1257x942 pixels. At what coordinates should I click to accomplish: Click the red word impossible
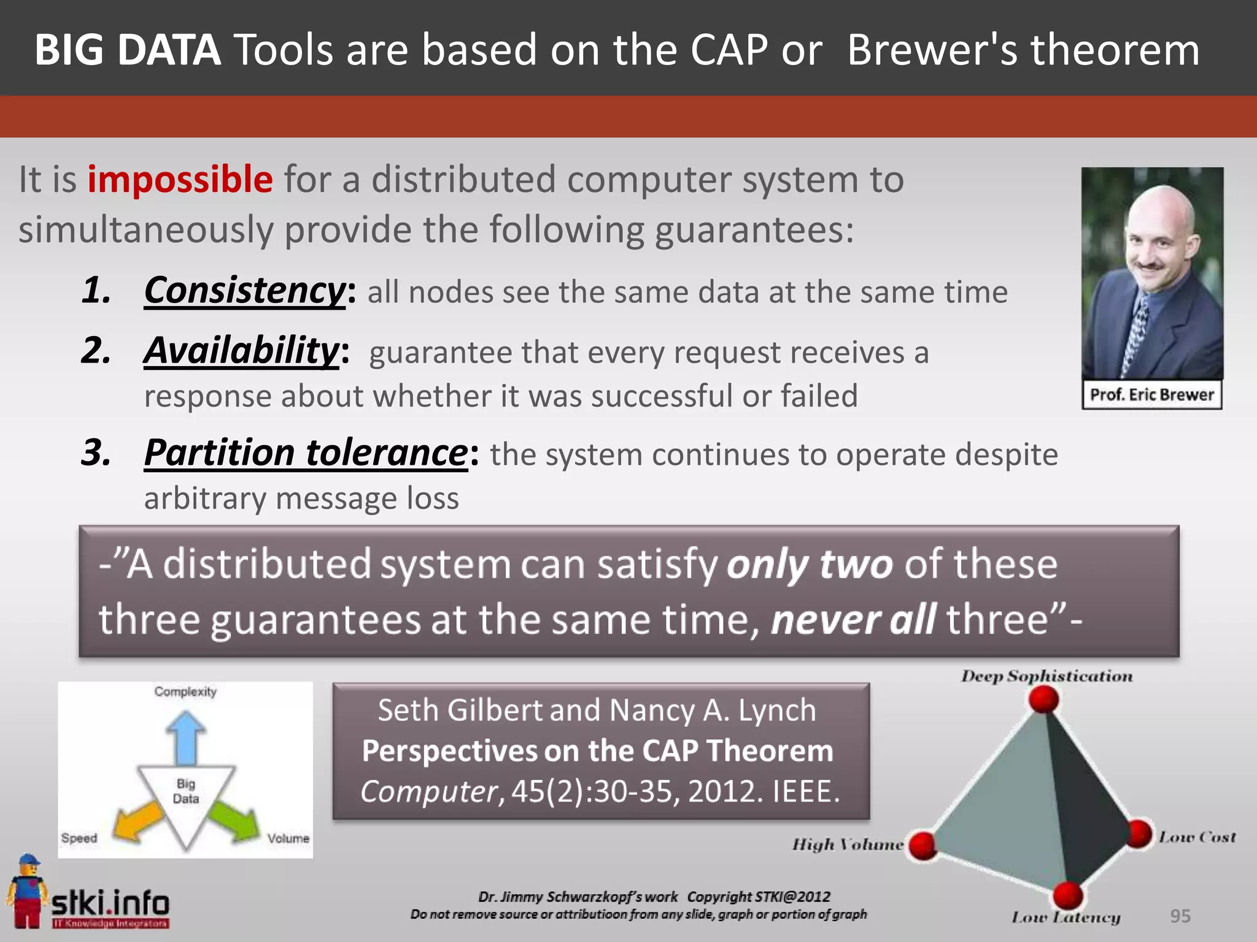pyautogui.click(x=180, y=179)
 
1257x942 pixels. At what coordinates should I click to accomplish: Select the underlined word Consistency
pyautogui.click(x=244, y=290)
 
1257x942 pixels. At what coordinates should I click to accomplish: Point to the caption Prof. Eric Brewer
pyautogui.click(x=1151, y=394)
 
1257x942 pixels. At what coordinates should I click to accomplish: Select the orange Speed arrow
pyautogui.click(x=139, y=822)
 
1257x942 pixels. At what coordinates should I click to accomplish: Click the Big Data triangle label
pyautogui.click(x=186, y=791)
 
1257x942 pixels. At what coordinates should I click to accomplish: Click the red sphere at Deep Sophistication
pyautogui.click(x=1043, y=700)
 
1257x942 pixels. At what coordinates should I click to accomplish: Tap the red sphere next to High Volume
pyautogui.click(x=922, y=846)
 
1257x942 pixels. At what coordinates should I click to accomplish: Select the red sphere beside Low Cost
pyautogui.click(x=1140, y=834)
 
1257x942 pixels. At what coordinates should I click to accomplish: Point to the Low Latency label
pyautogui.click(x=1066, y=917)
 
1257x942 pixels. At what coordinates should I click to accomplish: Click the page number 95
pyautogui.click(x=1180, y=916)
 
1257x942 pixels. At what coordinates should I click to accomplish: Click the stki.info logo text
pyautogui.click(x=110, y=903)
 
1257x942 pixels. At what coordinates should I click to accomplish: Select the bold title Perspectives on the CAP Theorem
pyautogui.click(x=597, y=751)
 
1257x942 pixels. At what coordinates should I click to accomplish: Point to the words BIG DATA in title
pyautogui.click(x=128, y=50)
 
